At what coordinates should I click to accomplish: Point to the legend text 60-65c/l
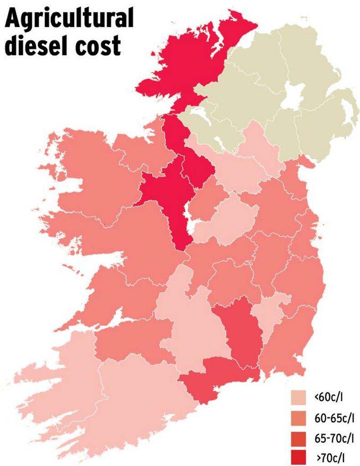(x=334, y=418)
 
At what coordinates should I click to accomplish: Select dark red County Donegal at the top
(x=191, y=64)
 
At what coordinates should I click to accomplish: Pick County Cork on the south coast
(x=141, y=392)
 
